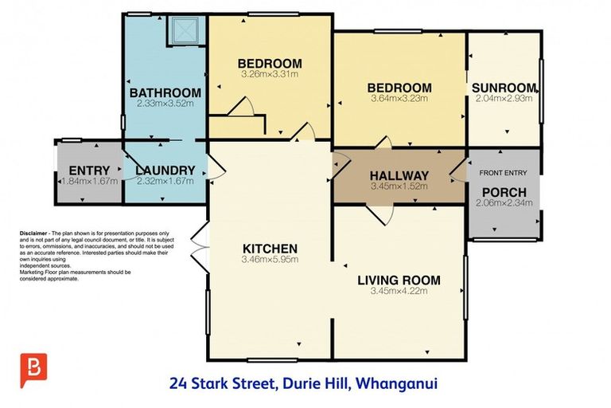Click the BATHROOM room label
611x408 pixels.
165,92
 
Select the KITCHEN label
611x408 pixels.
270,248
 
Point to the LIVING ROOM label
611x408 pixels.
399,280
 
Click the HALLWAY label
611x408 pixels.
400,176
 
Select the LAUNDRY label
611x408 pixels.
165,170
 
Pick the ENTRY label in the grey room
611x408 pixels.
89,170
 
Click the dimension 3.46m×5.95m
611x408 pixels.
270,259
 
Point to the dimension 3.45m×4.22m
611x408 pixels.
399,291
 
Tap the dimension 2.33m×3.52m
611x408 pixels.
165,104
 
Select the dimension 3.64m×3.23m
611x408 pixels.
399,99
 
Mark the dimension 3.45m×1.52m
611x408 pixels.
399,186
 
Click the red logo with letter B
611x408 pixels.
33,370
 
